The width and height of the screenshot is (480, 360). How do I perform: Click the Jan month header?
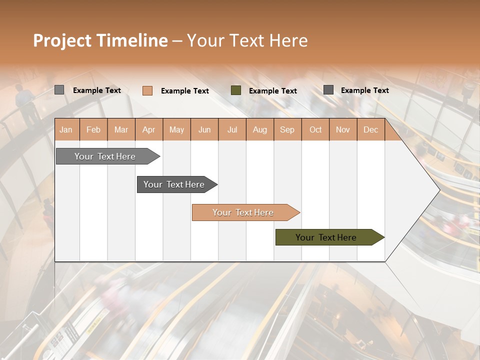[66, 129]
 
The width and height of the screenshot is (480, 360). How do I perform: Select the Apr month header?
[148, 129]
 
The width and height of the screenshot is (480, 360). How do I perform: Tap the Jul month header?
[232, 129]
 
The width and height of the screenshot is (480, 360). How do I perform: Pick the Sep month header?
[287, 129]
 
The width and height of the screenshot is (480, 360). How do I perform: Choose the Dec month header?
[370, 129]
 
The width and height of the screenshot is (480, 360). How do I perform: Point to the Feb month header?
[93, 129]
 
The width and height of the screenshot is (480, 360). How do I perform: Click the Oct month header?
[315, 129]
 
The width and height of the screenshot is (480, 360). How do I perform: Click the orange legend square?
[147, 90]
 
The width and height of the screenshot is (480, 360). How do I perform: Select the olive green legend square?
[236, 90]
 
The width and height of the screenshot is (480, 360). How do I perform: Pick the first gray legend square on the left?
[59, 90]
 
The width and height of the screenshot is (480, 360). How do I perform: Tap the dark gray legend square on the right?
[328, 90]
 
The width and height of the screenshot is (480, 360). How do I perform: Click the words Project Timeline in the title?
[100, 40]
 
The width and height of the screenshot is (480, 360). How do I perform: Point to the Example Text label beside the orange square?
[184, 91]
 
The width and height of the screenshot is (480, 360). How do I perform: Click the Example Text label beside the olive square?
[272, 91]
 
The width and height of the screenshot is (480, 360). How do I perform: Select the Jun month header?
[204, 129]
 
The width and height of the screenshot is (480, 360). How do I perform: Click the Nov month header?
[342, 129]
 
